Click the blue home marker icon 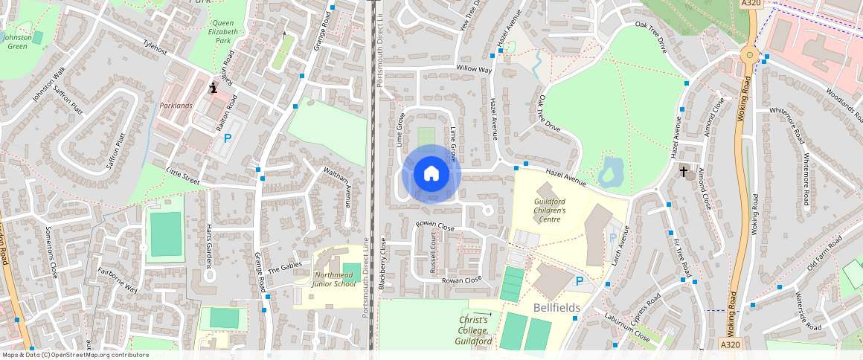pyautogui.click(x=431, y=175)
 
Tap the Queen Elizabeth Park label pyautogui.click(x=224, y=32)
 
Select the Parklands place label pyautogui.click(x=176, y=106)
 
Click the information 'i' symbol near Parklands pyautogui.click(x=214, y=88)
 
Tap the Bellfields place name pyautogui.click(x=556, y=307)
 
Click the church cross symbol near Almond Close pyautogui.click(x=684, y=172)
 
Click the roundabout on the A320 pyautogui.click(x=748, y=54)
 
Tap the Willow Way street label pyautogui.click(x=474, y=69)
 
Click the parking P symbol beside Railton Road pyautogui.click(x=228, y=138)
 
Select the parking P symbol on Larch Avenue pyautogui.click(x=612, y=237)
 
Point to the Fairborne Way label pyautogui.click(x=117, y=281)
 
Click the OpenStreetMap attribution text pyautogui.click(x=74, y=355)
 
